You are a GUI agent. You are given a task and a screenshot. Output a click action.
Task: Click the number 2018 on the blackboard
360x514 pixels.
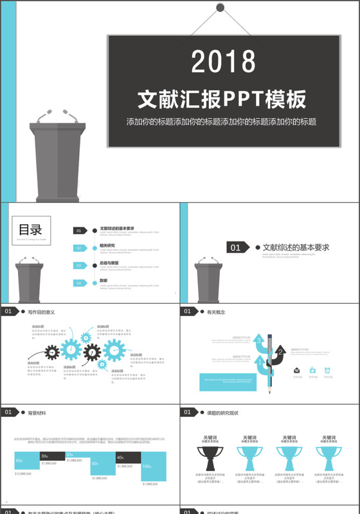click(223, 62)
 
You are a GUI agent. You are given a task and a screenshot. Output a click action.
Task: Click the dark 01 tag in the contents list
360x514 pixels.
click(80, 231)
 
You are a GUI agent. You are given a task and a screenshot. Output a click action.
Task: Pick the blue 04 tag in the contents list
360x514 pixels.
click(80, 283)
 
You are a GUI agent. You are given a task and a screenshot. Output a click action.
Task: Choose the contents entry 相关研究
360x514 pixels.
click(107, 245)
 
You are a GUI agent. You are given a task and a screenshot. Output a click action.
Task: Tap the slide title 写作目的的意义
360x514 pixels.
click(41, 312)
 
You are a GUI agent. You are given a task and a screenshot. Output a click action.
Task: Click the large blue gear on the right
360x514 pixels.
click(114, 350)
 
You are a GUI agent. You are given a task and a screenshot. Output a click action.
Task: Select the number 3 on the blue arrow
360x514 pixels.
click(259, 340)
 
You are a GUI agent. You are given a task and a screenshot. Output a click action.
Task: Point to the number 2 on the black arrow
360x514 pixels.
click(280, 352)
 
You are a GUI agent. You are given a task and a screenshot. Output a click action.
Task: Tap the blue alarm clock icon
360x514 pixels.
click(327, 370)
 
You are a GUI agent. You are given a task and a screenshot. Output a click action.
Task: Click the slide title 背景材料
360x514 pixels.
click(37, 412)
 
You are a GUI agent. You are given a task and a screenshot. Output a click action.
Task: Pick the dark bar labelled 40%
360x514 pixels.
click(128, 457)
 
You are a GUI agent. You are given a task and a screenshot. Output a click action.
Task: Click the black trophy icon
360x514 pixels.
click(206, 458)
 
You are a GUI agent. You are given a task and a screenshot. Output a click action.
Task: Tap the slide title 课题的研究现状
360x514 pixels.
click(223, 412)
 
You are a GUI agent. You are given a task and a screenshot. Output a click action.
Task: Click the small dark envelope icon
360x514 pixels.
click(297, 370)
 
